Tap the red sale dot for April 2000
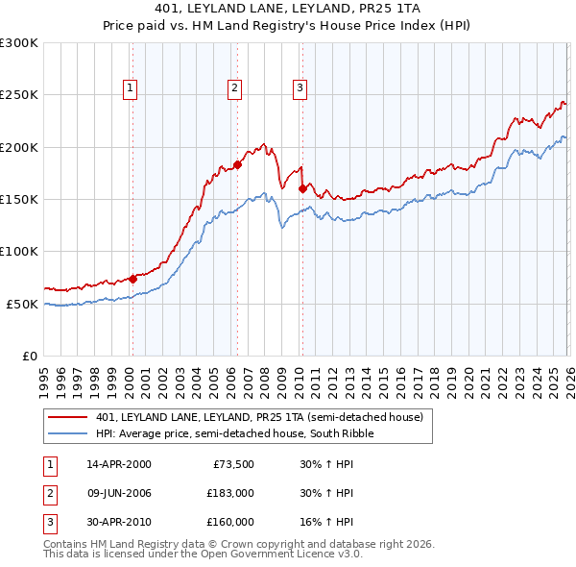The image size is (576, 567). point(132,280)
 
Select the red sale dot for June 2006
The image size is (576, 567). point(237,165)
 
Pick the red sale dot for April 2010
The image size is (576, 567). point(302,189)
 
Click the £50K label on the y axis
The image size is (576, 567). point(22,304)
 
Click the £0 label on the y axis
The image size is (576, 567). point(28,356)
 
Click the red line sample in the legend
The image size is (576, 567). point(69,417)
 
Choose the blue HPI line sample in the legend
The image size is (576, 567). point(69,433)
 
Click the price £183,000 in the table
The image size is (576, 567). point(230,493)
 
